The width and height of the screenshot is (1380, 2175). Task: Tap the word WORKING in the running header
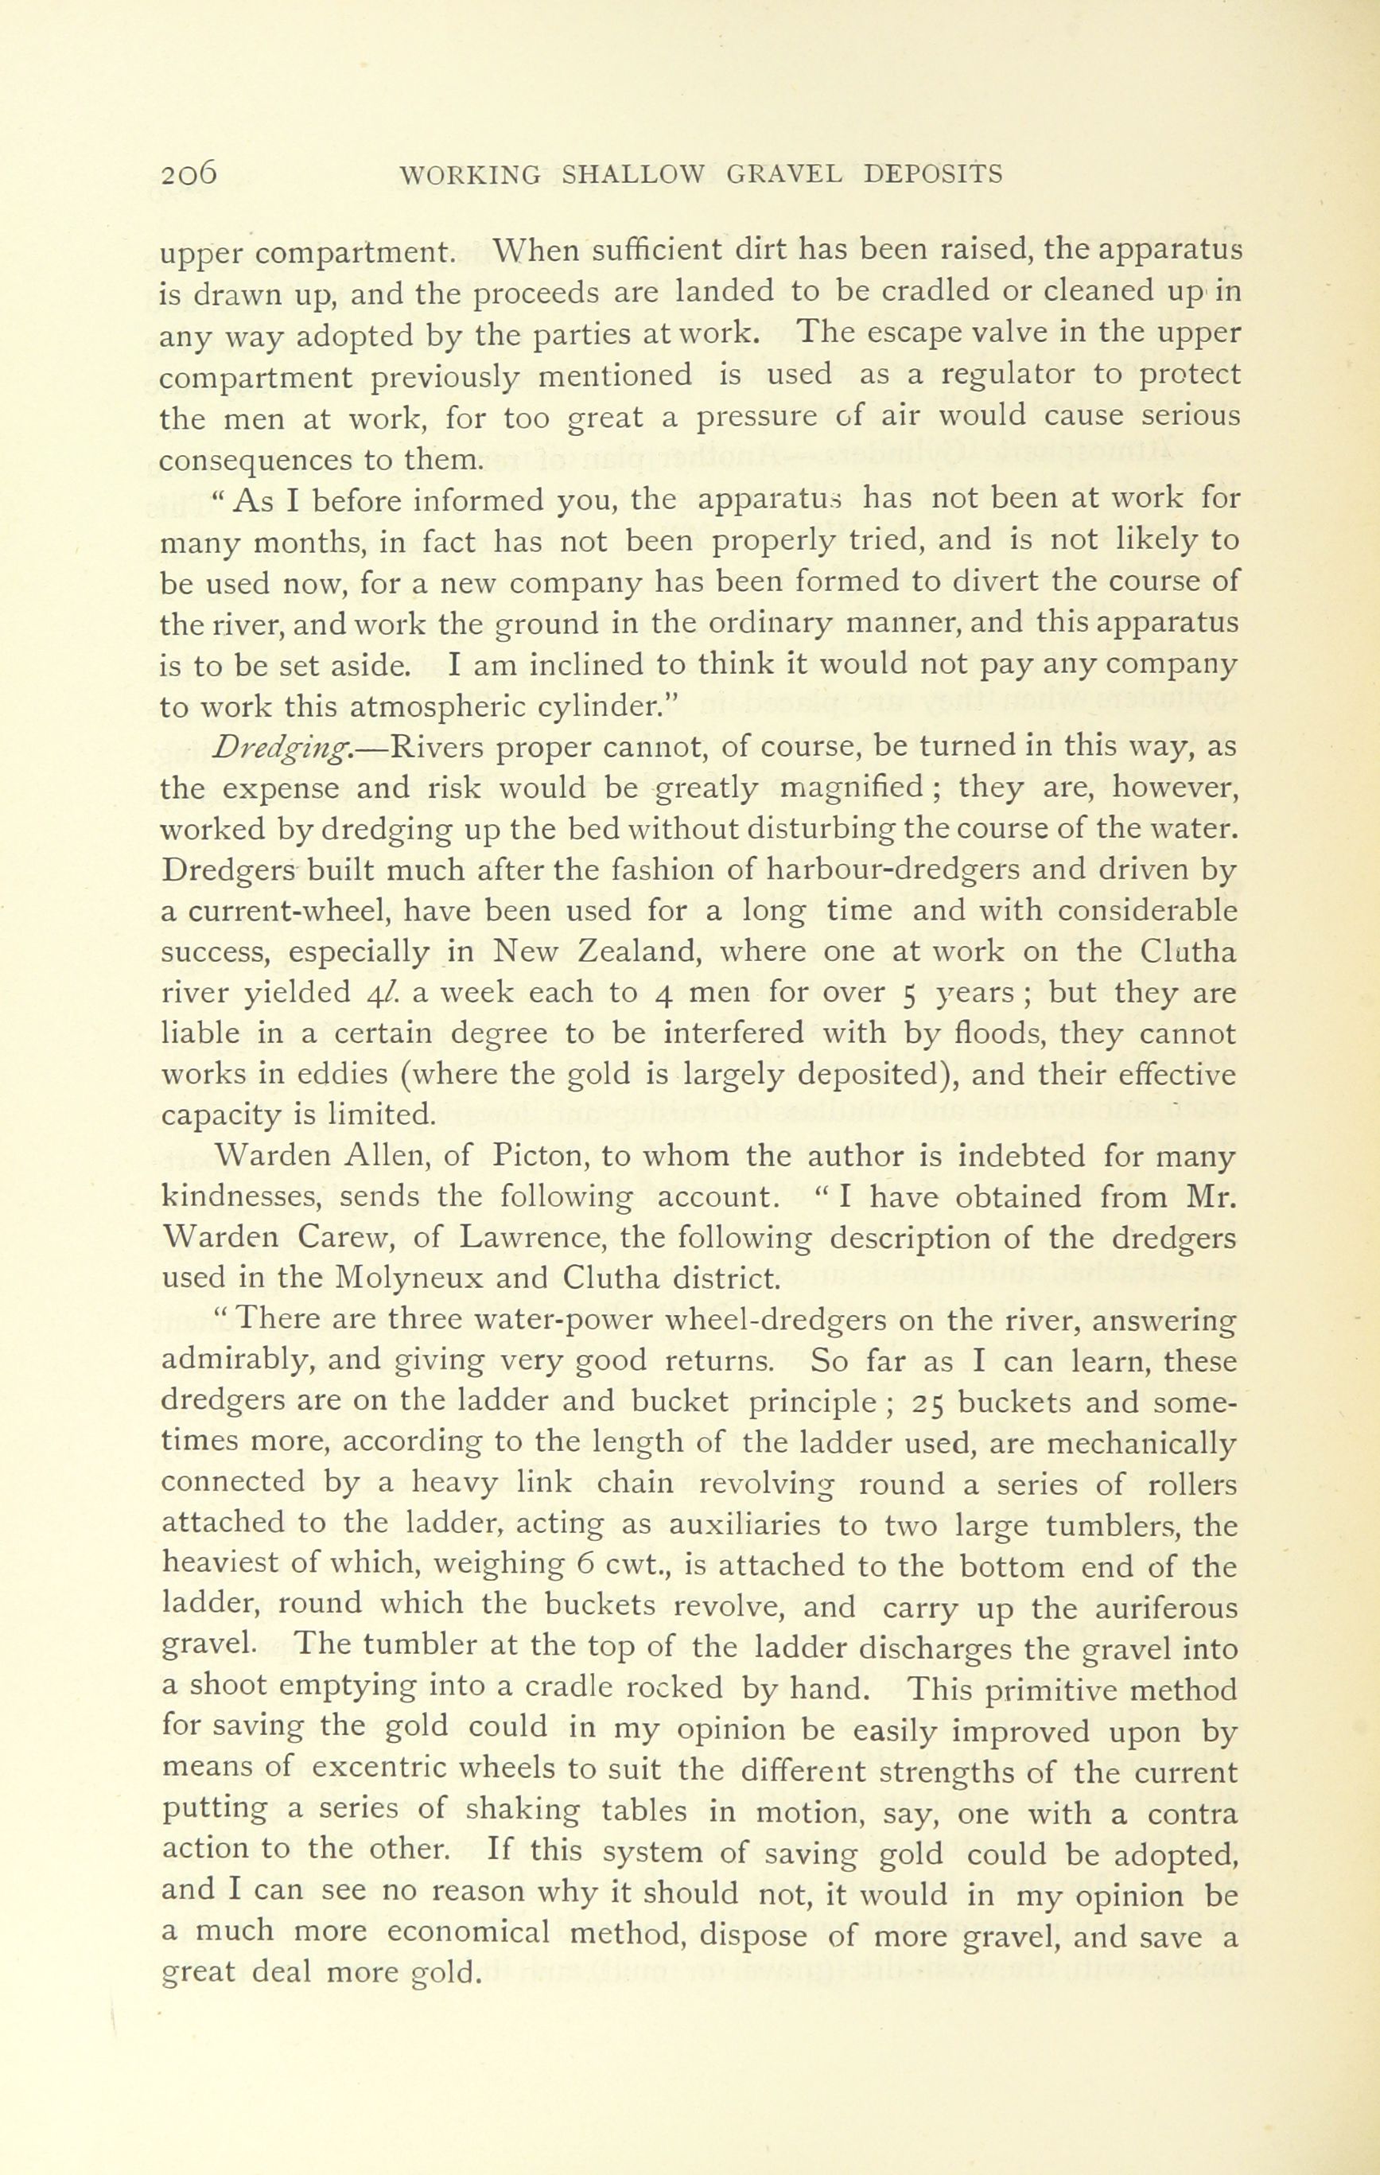coord(468,173)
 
